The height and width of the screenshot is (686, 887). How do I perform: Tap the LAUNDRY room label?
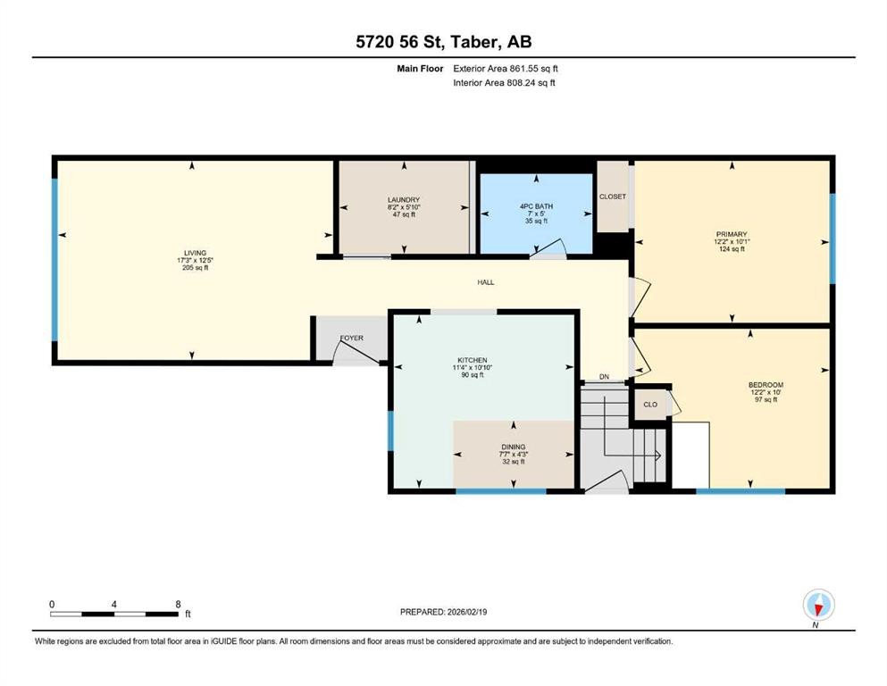(404, 199)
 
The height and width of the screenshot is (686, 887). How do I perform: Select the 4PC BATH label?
(537, 206)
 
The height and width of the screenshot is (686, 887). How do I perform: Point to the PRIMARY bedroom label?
(732, 234)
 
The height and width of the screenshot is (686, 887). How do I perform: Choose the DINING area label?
(513, 446)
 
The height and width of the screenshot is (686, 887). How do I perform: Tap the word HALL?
(485, 282)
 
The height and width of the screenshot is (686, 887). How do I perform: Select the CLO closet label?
(650, 404)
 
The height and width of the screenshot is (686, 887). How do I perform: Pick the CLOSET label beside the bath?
(613, 197)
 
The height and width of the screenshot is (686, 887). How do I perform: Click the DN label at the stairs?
(604, 377)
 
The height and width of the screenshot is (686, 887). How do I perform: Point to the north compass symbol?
(816, 607)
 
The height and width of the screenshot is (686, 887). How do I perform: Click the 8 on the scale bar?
(178, 604)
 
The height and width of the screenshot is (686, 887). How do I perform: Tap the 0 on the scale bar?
(52, 604)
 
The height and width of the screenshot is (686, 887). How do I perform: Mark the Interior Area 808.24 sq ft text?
(506, 83)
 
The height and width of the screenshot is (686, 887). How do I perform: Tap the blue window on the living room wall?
(54, 259)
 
